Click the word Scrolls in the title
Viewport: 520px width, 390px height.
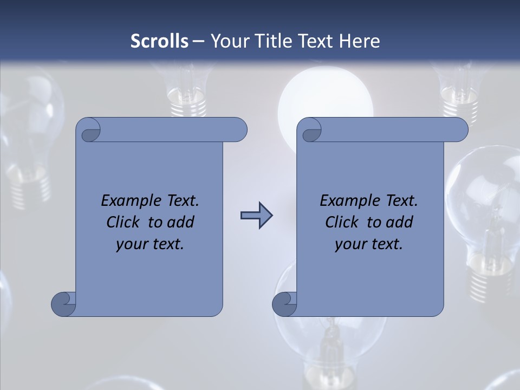pyautogui.click(x=160, y=41)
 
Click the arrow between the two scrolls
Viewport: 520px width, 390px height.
pyautogui.click(x=256, y=216)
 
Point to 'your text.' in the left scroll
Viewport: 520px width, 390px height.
pyautogui.click(x=150, y=244)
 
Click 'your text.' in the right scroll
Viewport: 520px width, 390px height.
pyautogui.click(x=369, y=244)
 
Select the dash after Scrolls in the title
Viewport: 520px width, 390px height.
pyautogui.click(x=198, y=41)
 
